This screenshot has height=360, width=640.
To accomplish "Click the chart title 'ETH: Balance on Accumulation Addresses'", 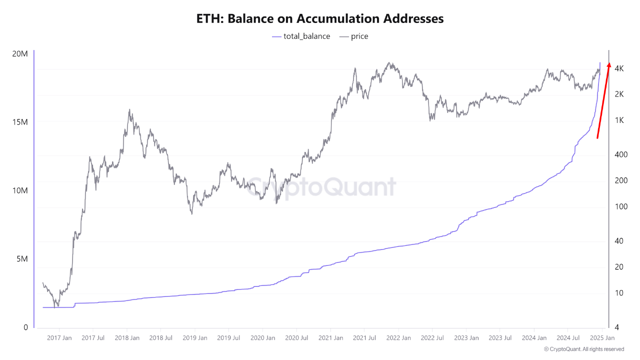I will coord(319,19).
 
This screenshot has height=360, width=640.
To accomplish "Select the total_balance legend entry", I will coord(301,36).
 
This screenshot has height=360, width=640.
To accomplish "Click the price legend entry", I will coord(353,36).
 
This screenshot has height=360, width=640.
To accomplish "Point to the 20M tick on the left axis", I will coord(19,54).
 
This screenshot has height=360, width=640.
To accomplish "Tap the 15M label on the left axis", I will coord(19,122).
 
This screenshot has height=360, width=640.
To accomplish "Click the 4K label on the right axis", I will coord(618,68).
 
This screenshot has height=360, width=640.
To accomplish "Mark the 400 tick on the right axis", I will coord(620,154).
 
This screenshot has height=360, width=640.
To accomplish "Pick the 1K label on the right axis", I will coord(618,120).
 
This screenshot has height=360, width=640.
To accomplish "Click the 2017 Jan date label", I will coord(59,338).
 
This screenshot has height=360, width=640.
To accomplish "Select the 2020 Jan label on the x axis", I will coord(262,338).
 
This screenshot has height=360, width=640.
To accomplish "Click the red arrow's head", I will coord(608,64).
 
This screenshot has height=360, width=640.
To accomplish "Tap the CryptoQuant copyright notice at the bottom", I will coord(583,349).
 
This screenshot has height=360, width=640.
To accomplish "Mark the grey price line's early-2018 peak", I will coord(130,110).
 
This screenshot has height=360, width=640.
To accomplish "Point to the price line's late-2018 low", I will coord(191,214).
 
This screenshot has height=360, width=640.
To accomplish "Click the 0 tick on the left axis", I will coord(25,327).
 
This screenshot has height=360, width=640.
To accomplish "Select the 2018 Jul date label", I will coord(160,338).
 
